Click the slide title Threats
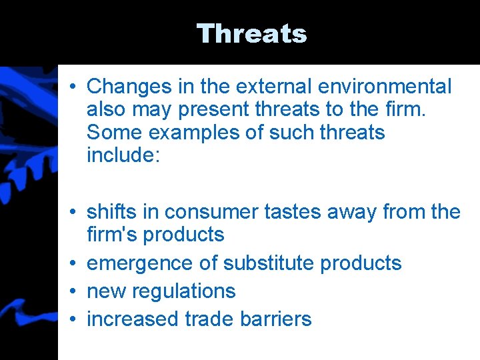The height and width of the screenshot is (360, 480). point(251,33)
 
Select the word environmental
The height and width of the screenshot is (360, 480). point(386,86)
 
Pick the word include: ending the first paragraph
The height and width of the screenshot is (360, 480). point(123,155)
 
